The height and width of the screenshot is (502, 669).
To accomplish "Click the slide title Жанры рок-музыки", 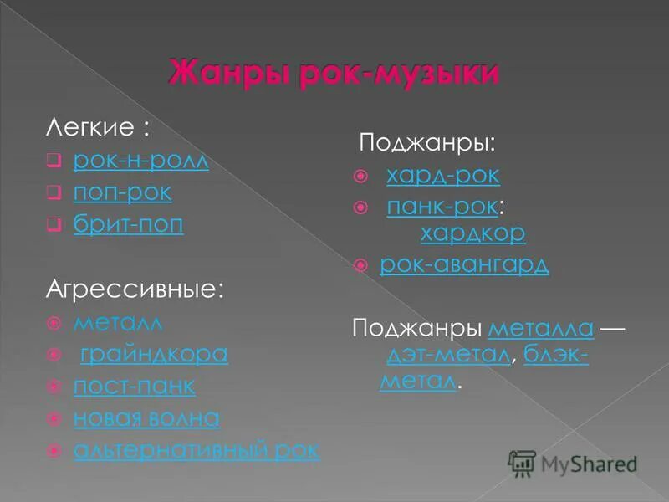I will coord(334,72).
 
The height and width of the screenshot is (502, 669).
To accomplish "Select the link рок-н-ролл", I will coord(140,160).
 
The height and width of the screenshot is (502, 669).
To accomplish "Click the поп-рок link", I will coord(122,192).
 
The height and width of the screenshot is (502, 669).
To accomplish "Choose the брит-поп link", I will coord(128,225).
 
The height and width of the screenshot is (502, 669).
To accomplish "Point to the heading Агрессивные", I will coord(134,289).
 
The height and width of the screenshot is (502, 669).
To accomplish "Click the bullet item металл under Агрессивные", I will coord(117,322).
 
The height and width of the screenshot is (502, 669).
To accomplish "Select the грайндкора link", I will coord(154,354).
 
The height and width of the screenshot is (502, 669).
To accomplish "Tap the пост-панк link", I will coord(134,387).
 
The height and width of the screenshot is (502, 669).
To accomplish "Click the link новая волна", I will coord(146,418).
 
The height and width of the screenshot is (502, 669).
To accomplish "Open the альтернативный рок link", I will coord(196,450).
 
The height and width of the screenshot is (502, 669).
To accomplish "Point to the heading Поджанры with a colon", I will coord(426,142).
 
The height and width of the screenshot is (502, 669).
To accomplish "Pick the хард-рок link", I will coord(442,175).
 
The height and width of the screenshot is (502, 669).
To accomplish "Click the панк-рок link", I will coord(443,207).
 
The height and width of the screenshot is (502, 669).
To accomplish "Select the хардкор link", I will coord(472,232).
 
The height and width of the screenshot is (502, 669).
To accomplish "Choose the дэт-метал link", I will coord(448,355).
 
